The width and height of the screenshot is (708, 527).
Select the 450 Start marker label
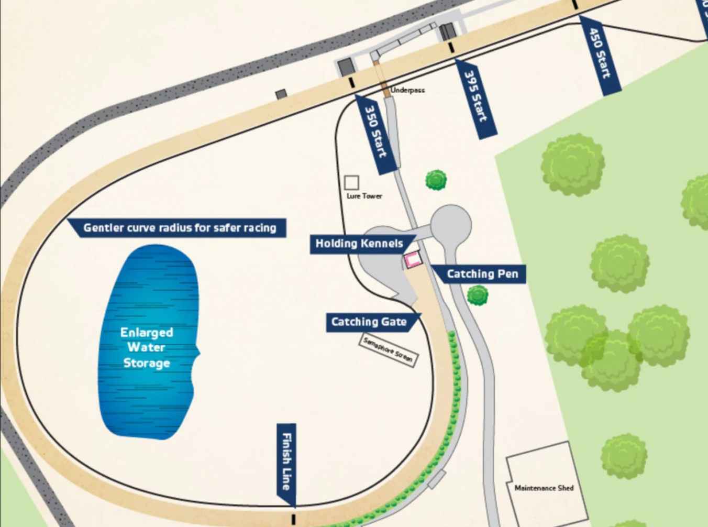pyautogui.click(x=600, y=55)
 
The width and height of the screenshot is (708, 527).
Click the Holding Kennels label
pyautogui.click(x=359, y=244)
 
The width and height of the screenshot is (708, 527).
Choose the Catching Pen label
pyautogui.click(x=482, y=273)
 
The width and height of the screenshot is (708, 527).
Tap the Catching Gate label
pyautogui.click(x=369, y=322)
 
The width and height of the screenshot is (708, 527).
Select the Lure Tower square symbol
pyautogui.click(x=351, y=182)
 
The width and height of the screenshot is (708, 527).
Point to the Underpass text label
pyautogui.click(x=408, y=90)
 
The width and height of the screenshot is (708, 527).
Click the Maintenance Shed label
pyautogui.click(x=544, y=488)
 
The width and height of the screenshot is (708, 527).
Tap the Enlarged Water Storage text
pyautogui.click(x=146, y=347)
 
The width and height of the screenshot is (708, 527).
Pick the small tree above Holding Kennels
pyautogui.click(x=436, y=180)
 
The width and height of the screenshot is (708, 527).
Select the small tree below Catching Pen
pyautogui.click(x=477, y=295)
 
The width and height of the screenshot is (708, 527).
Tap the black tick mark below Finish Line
pyautogui.click(x=293, y=519)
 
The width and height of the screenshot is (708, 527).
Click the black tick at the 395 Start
pyautogui.click(x=451, y=48)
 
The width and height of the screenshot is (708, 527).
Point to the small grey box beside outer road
pyautogui.click(x=281, y=94)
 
